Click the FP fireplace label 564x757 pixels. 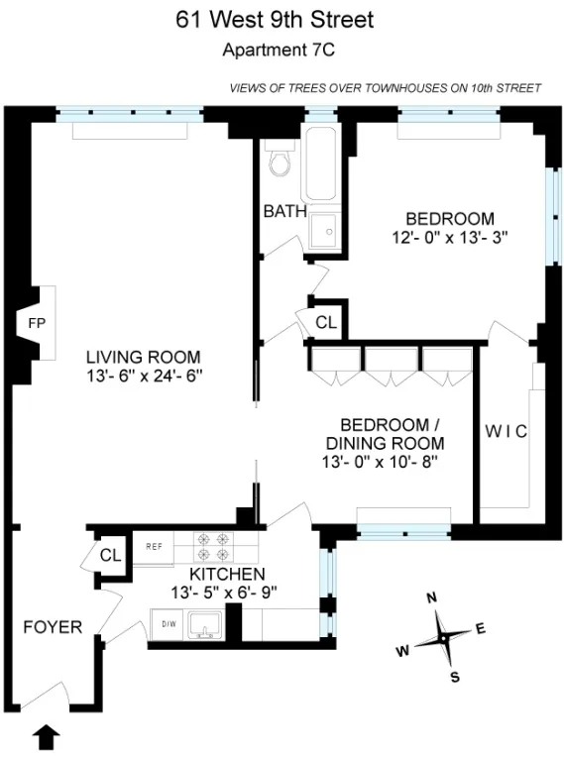coord(37,324)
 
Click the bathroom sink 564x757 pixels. coord(323,232)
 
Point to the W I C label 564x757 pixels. coord(506,431)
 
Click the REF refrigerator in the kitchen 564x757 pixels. coord(154,546)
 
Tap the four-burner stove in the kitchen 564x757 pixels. coord(214,547)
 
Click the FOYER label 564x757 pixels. coord(53,626)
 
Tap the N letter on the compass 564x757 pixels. coord(431,598)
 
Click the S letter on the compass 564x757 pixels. coord(454,678)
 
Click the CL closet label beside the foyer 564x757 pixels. coord(109,556)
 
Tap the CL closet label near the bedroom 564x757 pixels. coord(326,323)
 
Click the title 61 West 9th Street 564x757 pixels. coord(276,20)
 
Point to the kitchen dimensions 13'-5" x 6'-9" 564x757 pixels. coord(226,593)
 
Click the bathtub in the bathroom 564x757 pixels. coord(322,169)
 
